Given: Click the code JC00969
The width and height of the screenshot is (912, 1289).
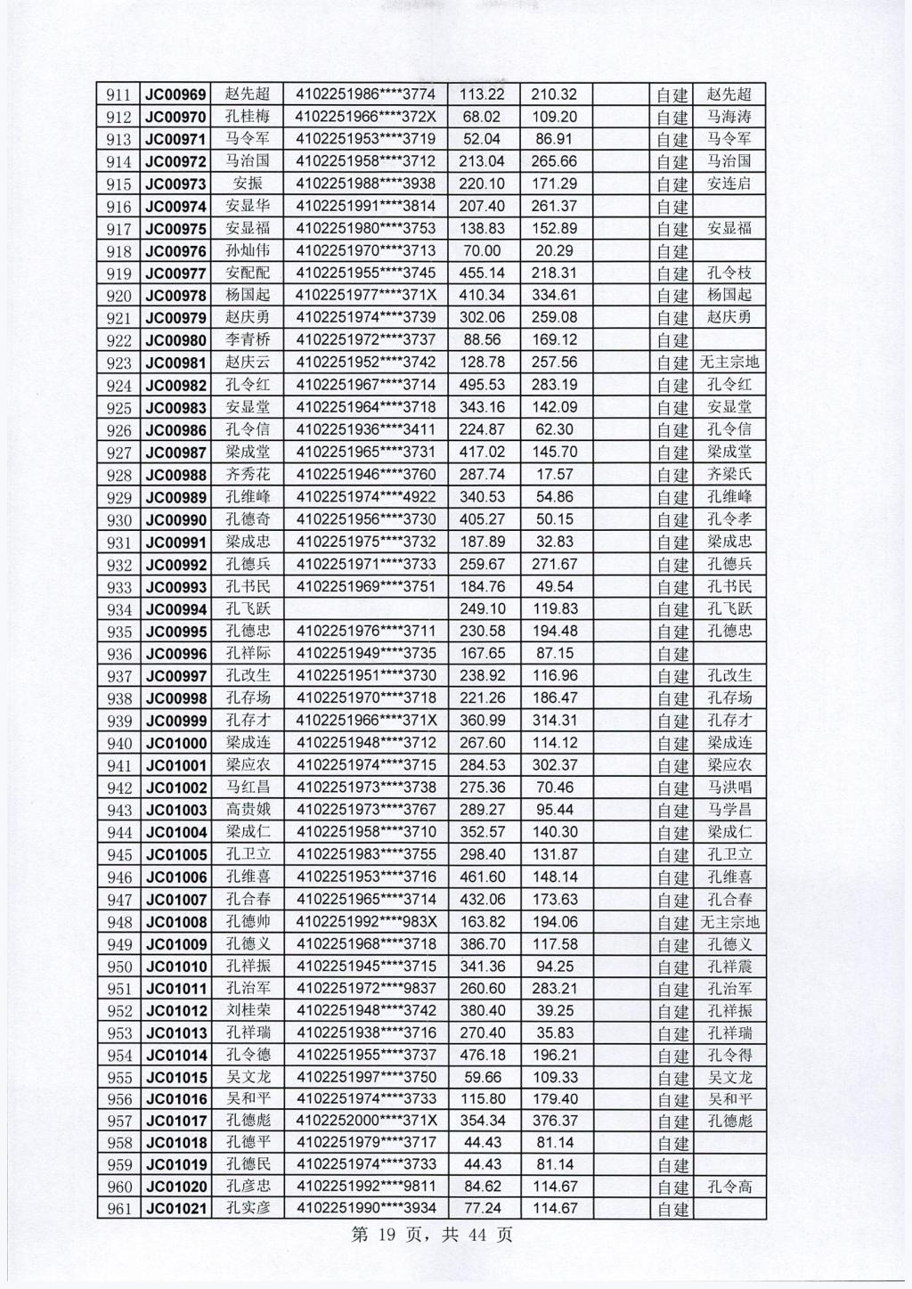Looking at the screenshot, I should (x=175, y=94).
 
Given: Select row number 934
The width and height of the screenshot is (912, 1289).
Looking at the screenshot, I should (x=118, y=609).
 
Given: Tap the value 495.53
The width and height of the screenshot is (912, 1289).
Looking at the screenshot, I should (x=482, y=385).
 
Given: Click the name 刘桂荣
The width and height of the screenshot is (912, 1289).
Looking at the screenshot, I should (x=248, y=1011).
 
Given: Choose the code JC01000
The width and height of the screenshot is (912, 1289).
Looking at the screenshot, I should (x=175, y=743).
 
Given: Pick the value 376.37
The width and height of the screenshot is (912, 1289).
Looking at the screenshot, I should (x=555, y=1121).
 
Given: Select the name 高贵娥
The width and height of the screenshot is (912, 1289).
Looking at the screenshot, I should (x=248, y=810).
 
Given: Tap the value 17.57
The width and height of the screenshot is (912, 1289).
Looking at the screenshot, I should (x=555, y=475).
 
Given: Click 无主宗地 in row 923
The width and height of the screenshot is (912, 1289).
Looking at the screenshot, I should (x=729, y=363).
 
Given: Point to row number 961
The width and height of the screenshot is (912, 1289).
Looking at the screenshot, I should (x=118, y=1209).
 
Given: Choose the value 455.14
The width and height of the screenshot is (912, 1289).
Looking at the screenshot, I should (x=482, y=273).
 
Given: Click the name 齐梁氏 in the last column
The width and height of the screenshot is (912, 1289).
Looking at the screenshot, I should (x=729, y=475).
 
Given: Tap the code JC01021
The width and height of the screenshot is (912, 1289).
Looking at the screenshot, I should (x=175, y=1209).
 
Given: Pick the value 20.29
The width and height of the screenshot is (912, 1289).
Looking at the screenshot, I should (x=555, y=251).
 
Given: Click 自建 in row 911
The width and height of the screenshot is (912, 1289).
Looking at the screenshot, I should (x=672, y=94).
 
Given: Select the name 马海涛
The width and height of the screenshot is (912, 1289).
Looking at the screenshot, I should (x=729, y=117).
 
